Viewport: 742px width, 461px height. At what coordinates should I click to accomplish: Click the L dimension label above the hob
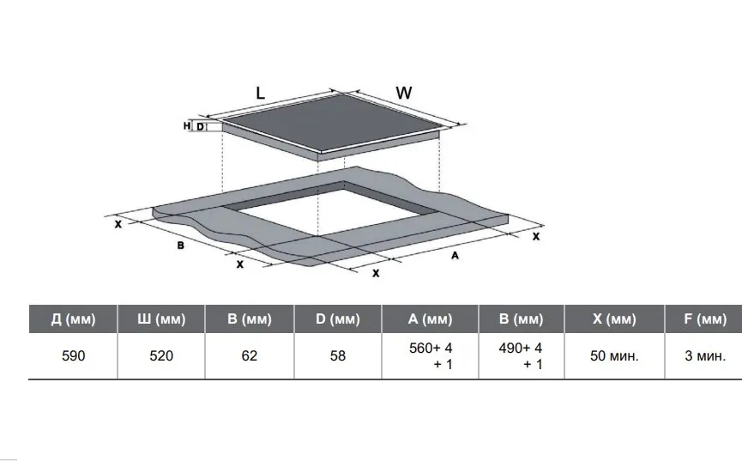pos(260,93)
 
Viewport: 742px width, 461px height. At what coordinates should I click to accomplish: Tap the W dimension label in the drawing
pos(404,93)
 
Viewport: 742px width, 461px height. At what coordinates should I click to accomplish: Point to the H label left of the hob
pos(187,126)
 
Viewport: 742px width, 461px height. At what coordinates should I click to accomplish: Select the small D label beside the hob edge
pos(200,127)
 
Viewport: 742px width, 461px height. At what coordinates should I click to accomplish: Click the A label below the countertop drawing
pos(455,256)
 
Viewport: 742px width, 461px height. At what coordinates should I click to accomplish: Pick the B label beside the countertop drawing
pos(180,246)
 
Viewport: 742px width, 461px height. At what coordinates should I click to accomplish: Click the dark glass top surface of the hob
pos(331,123)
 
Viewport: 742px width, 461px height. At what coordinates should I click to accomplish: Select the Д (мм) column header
pos(74,318)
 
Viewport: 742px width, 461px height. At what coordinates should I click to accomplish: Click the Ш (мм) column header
pos(161,318)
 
